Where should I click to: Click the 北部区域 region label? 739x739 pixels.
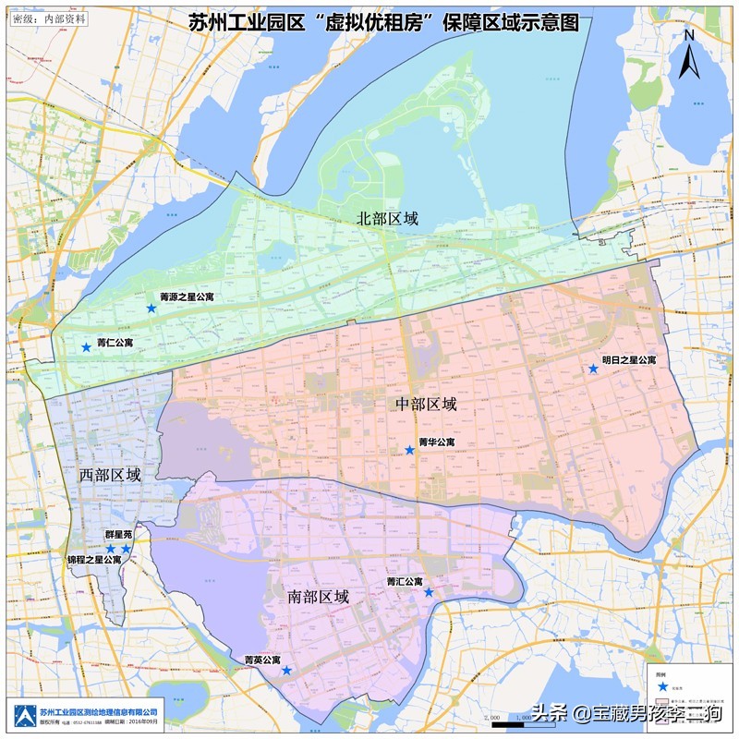click(x=388, y=219)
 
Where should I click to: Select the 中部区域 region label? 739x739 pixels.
click(x=426, y=405)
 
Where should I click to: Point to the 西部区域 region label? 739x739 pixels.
click(x=110, y=475)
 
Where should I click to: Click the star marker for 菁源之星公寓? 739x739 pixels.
click(x=151, y=308)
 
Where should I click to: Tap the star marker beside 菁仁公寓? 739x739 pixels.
click(x=86, y=347)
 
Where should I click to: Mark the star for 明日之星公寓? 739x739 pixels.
click(x=593, y=369)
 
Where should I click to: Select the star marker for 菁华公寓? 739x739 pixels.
click(x=409, y=450)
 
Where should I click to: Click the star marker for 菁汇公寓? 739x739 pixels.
click(x=429, y=592)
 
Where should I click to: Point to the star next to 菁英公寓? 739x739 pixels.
click(x=286, y=670)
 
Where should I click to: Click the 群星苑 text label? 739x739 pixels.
click(x=117, y=534)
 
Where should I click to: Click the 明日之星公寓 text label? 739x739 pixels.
click(x=629, y=359)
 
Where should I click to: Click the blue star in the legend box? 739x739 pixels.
click(x=662, y=687)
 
